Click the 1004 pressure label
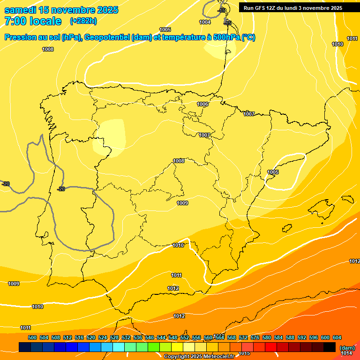(205, 22)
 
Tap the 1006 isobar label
(202, 104)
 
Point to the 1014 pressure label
(347, 353)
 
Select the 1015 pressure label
(244, 353)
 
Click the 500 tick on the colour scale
(32, 337)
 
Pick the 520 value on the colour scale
(91, 337)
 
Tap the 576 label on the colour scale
(255, 337)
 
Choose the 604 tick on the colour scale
(337, 337)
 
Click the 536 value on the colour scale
(138, 337)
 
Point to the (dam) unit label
(347, 347)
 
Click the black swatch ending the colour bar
(330, 347)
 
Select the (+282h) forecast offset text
(83, 21)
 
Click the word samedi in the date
(21, 10)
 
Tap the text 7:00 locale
(33, 21)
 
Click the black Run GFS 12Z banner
(293, 8)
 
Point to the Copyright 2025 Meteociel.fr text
(199, 357)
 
